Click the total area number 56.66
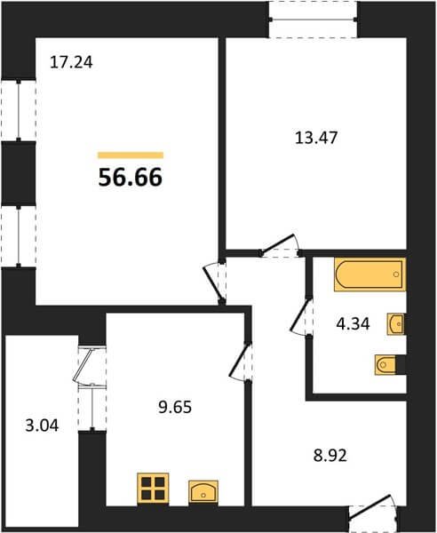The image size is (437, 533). pyautogui.click(x=131, y=178)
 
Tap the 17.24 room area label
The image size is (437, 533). pyautogui.click(x=71, y=62)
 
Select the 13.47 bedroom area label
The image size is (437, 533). pyautogui.click(x=316, y=138)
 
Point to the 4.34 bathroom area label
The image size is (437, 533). pyautogui.click(x=353, y=324)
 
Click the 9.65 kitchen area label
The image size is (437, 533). pyautogui.click(x=175, y=407)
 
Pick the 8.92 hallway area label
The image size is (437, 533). pyautogui.click(x=330, y=456)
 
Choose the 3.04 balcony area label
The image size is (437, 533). pyautogui.click(x=42, y=426)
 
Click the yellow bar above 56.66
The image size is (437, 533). pyautogui.click(x=131, y=155)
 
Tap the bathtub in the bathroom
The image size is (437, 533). pyautogui.click(x=369, y=274)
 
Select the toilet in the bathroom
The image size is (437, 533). pyautogui.click(x=386, y=365)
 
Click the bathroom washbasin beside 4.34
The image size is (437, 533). pyautogui.click(x=395, y=324)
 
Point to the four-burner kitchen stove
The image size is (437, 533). pyautogui.click(x=153, y=489)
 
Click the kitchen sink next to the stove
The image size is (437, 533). pyautogui.click(x=203, y=491)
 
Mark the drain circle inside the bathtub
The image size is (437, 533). pyautogui.click(x=396, y=274)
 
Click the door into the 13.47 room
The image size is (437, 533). pyautogui.click(x=279, y=246)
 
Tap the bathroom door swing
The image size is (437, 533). pyautogui.click(x=300, y=317)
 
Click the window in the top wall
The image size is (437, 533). pyautogui.click(x=313, y=20)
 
